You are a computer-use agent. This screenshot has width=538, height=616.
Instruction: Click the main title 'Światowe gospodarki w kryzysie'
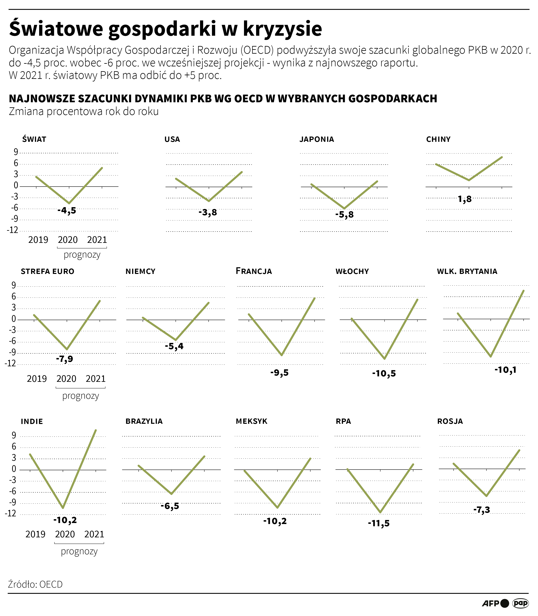[165, 29]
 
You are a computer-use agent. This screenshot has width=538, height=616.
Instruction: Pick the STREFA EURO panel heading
[47, 271]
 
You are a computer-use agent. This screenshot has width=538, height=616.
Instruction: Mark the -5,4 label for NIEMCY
[174, 346]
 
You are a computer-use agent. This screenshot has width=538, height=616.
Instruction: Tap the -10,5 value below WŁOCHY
[384, 374]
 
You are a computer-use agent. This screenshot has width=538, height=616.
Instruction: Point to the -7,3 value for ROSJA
[482, 510]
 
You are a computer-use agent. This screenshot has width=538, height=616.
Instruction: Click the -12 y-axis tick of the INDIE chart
[10, 513]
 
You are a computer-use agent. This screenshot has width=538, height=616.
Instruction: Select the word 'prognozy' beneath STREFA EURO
[81, 396]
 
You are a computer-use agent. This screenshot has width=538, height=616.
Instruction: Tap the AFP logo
[491, 603]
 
